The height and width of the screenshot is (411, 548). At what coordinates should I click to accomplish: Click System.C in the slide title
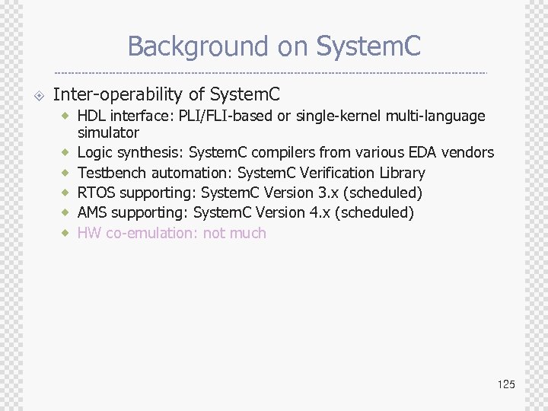368,46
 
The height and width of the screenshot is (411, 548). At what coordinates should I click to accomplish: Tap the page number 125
506,384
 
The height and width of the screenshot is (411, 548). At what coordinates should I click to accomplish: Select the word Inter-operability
118,95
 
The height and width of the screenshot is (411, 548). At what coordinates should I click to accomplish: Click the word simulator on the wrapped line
108,133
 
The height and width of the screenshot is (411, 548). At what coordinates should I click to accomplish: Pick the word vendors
472,153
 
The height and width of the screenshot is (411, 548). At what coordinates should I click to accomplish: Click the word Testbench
109,173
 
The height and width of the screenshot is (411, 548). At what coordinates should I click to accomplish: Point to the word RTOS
97,193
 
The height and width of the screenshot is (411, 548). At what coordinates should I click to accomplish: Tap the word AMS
92,212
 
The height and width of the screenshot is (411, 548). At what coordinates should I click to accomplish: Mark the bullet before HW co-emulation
66,232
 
